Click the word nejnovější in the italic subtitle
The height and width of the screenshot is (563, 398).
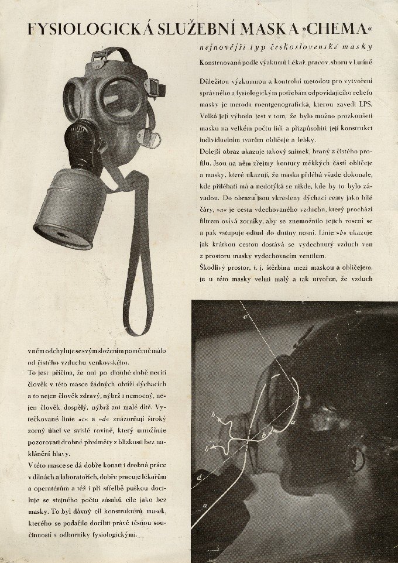pos(224,47)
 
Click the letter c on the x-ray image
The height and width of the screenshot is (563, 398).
pos(246,318)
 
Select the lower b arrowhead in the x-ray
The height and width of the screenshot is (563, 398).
pos(210,449)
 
